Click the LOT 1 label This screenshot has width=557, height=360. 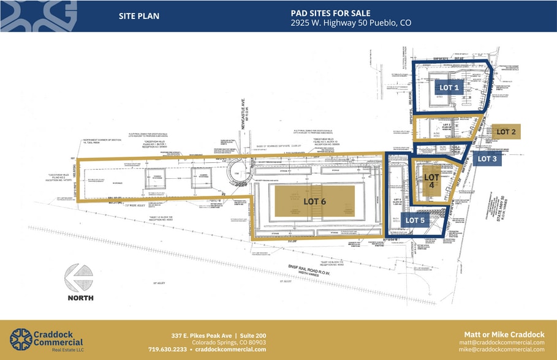[449, 88]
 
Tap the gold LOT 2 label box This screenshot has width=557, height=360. [506, 131]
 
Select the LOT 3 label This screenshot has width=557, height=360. [488, 159]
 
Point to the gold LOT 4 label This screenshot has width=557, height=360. [432, 181]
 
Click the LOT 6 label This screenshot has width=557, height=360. [316, 201]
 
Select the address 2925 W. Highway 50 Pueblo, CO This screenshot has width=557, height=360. [350, 23]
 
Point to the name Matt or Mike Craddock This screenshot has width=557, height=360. [504, 334]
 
